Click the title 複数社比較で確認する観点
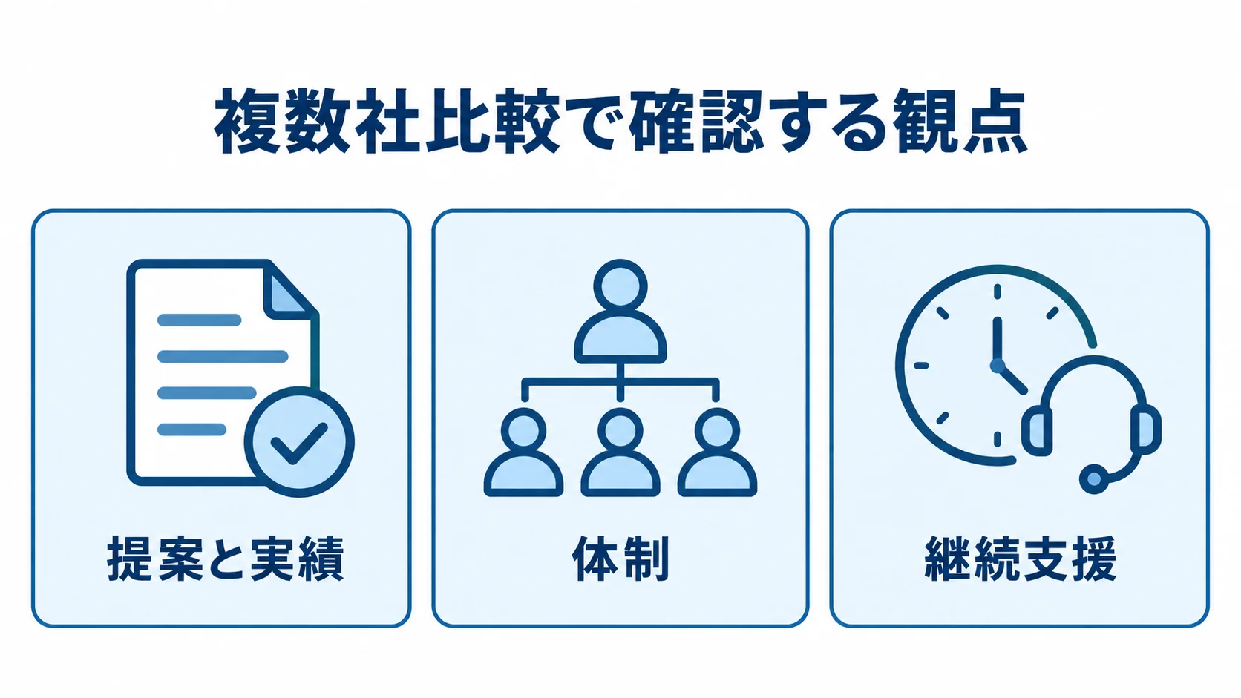(620, 121)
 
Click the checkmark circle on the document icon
(299, 441)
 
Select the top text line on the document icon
(200, 320)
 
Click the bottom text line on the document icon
(191, 429)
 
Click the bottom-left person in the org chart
(523, 452)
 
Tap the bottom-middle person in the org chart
(620, 452)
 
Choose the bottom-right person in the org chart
(718, 452)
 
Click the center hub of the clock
(998, 366)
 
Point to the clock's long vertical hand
(998, 340)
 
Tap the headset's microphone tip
(1094, 478)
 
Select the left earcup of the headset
(1037, 431)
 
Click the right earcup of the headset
(1146, 429)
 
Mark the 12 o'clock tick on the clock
(998, 292)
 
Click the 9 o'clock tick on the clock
(921, 366)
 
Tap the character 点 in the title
(995, 121)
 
